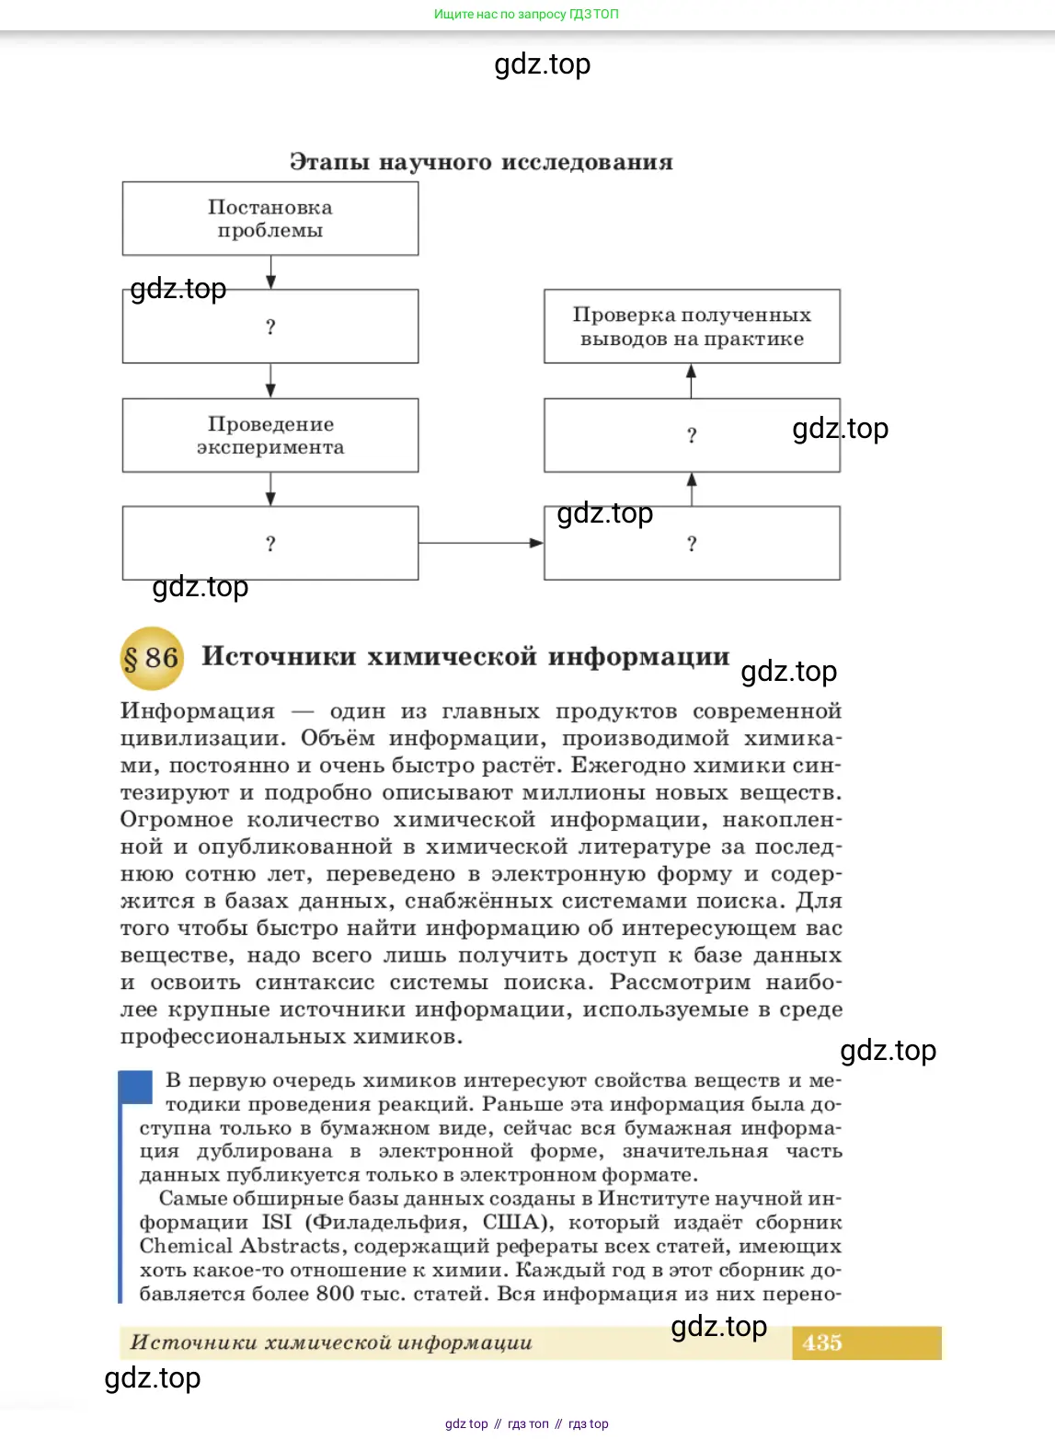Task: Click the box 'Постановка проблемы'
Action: (x=270, y=219)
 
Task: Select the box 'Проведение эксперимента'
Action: (x=270, y=435)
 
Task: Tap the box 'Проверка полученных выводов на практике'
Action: (x=692, y=327)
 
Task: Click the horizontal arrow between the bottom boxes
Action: (x=481, y=543)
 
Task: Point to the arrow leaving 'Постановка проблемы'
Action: (x=270, y=272)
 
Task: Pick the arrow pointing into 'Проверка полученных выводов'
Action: (x=692, y=381)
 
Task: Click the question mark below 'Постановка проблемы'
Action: (x=270, y=327)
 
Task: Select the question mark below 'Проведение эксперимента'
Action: (x=270, y=544)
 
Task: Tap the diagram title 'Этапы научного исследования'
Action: (x=481, y=162)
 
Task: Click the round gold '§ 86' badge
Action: (x=152, y=658)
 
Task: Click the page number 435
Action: (x=821, y=1342)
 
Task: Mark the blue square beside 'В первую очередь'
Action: (x=136, y=1087)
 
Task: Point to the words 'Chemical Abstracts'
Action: (x=239, y=1246)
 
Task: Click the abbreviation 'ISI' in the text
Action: (x=277, y=1222)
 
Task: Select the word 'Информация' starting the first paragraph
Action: (x=198, y=711)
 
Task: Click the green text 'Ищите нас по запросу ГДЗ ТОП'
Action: (x=526, y=14)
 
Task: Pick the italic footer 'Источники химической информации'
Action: (x=331, y=1342)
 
